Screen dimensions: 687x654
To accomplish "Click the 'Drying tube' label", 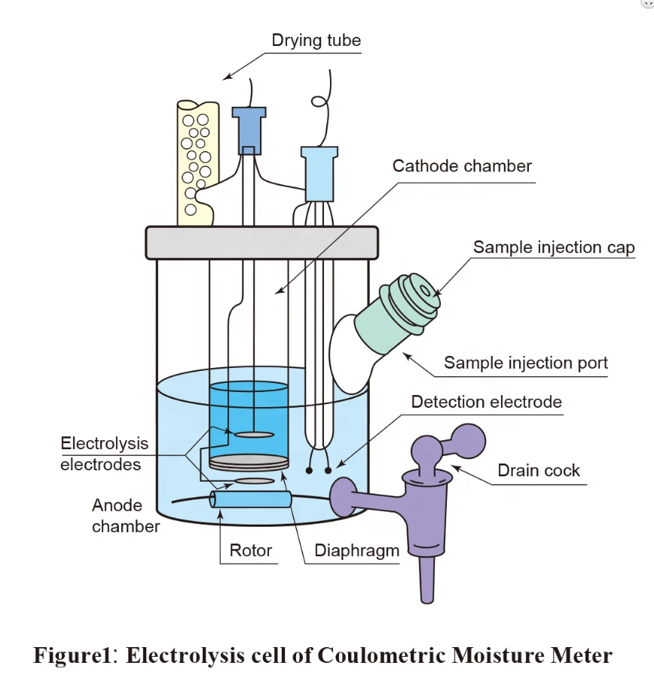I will (316, 40).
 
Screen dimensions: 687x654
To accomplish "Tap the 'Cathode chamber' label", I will (462, 166).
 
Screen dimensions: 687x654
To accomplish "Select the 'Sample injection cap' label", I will (554, 248).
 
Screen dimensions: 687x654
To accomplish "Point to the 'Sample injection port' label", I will (525, 363).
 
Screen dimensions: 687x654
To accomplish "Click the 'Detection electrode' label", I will (486, 403).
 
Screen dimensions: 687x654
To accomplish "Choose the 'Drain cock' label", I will (539, 471).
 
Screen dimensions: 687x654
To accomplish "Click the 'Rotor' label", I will (251, 551).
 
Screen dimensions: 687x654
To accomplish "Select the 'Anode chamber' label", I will (126, 515).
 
